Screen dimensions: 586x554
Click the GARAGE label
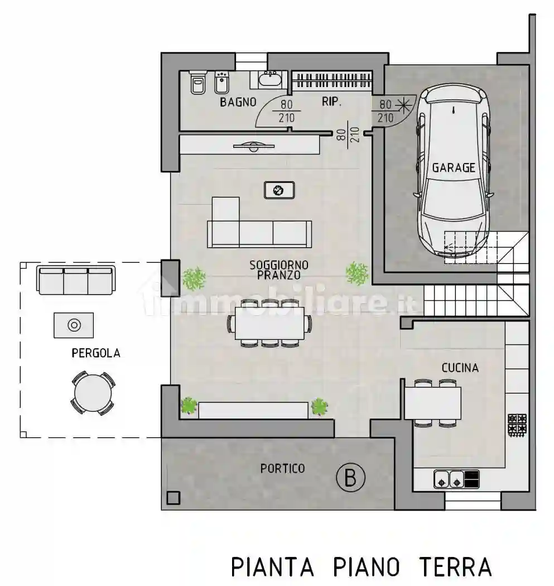454,167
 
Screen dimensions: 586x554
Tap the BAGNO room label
238,102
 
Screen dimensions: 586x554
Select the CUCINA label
460,368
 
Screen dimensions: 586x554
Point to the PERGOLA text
95,353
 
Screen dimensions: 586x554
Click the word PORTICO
282,468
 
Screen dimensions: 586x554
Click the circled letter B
350,478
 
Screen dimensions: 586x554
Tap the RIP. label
331,102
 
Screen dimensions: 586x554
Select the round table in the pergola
93,393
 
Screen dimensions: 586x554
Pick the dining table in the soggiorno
269,324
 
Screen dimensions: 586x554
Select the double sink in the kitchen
449,479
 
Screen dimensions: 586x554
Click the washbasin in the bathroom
272,80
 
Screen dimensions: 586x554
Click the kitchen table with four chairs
432,403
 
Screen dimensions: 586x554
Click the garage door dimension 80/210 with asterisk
393,111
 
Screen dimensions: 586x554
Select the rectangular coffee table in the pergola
73,325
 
